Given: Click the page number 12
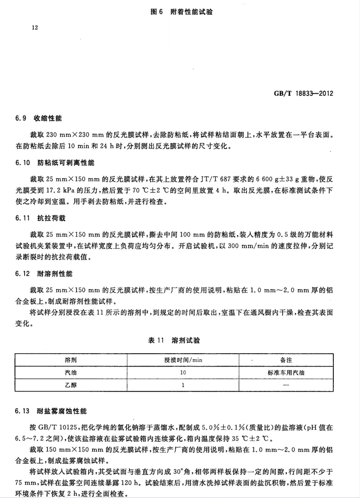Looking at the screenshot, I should (35, 29).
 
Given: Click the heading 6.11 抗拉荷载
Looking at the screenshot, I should (41, 218).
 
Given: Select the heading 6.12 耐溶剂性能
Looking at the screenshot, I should (45, 274).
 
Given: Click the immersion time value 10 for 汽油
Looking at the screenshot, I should (182, 373).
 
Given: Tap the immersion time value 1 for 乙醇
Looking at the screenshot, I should (182, 385).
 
